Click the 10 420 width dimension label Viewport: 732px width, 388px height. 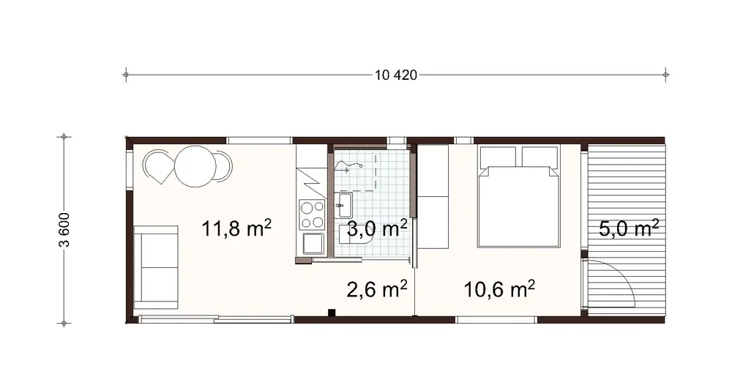coord(395,75)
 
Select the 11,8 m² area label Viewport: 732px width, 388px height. coord(236,229)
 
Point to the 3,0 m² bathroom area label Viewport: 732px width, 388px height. coord(377,229)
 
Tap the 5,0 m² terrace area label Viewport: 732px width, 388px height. coord(629,229)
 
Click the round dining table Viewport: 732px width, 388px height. coord(194,165)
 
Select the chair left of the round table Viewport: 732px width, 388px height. coord(158,166)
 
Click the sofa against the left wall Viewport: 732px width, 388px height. coord(156,266)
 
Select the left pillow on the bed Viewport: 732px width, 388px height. coord(498,157)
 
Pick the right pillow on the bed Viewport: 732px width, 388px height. coord(539,157)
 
